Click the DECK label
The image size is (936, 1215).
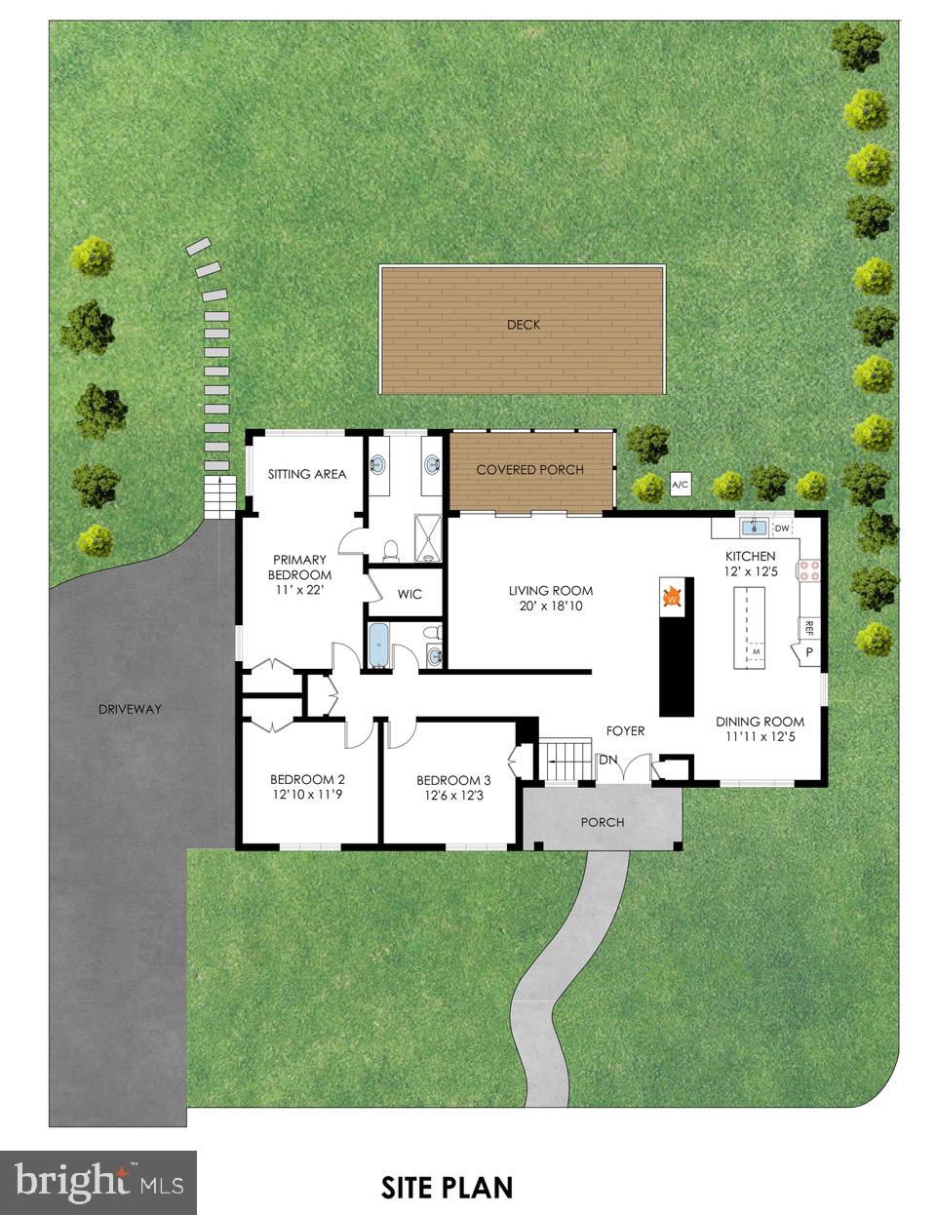tap(523, 325)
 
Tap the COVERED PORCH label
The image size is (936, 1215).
tap(529, 470)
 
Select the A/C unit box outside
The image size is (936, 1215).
tap(679, 485)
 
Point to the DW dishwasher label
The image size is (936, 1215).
tap(782, 529)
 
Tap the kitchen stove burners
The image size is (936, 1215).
tap(811, 569)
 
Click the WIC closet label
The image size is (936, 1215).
tap(409, 594)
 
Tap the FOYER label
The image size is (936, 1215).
tap(625, 730)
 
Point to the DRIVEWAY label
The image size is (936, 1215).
tap(130, 709)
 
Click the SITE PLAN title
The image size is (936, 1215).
tap(447, 1187)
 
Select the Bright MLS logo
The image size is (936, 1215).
tap(98, 1182)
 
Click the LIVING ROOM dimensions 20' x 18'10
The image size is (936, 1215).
tap(551, 607)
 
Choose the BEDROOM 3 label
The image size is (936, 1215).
tap(453, 780)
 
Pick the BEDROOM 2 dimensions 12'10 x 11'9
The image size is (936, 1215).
tap(307, 796)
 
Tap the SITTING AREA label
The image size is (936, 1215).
tap(307, 474)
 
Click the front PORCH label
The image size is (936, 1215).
tap(602, 822)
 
